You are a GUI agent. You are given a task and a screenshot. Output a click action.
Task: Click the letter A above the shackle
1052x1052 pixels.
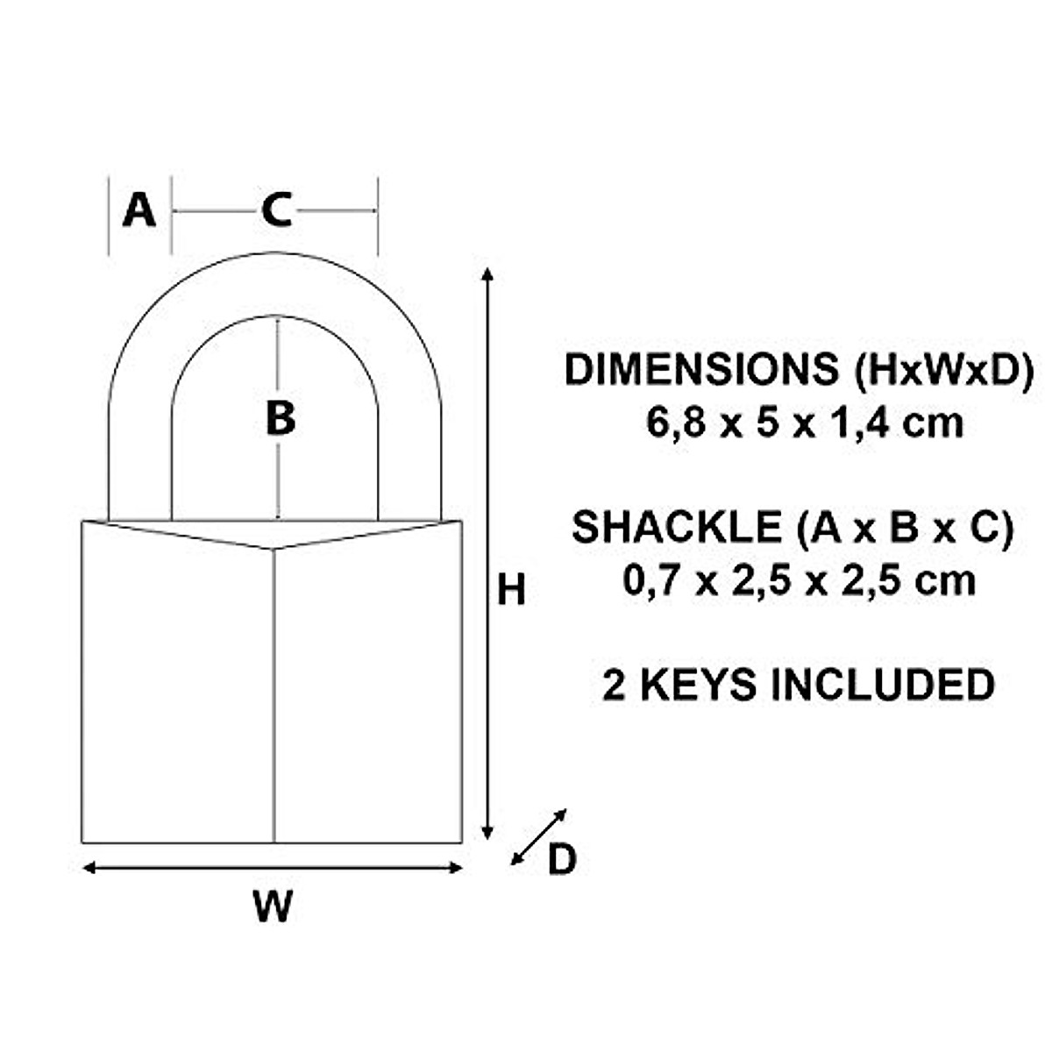click(139, 211)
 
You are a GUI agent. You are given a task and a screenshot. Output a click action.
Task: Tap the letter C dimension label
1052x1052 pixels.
click(276, 211)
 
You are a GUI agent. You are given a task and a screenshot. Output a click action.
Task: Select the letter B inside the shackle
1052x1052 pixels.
click(280, 418)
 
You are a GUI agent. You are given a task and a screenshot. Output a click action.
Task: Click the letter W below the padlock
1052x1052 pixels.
click(273, 906)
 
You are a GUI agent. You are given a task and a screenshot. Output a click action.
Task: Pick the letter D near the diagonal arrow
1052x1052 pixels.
click(562, 860)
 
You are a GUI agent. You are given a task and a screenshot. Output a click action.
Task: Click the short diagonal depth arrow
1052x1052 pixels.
click(538, 837)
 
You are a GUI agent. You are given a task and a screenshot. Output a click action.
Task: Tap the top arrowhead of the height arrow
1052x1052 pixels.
click(488, 275)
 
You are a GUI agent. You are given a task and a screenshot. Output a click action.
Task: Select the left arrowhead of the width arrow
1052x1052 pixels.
click(89, 868)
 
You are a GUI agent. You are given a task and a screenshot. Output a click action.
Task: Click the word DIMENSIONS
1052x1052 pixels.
click(701, 370)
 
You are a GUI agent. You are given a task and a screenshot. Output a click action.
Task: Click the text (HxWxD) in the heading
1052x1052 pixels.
click(943, 370)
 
